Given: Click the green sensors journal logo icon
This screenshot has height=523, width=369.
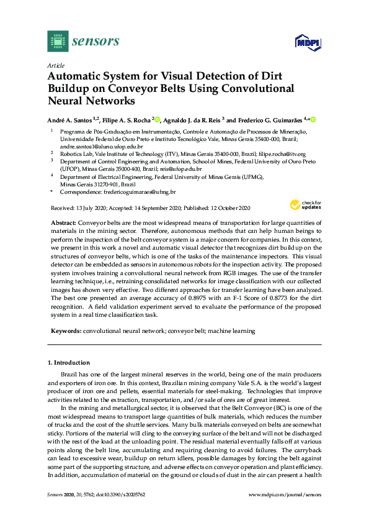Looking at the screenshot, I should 57,42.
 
